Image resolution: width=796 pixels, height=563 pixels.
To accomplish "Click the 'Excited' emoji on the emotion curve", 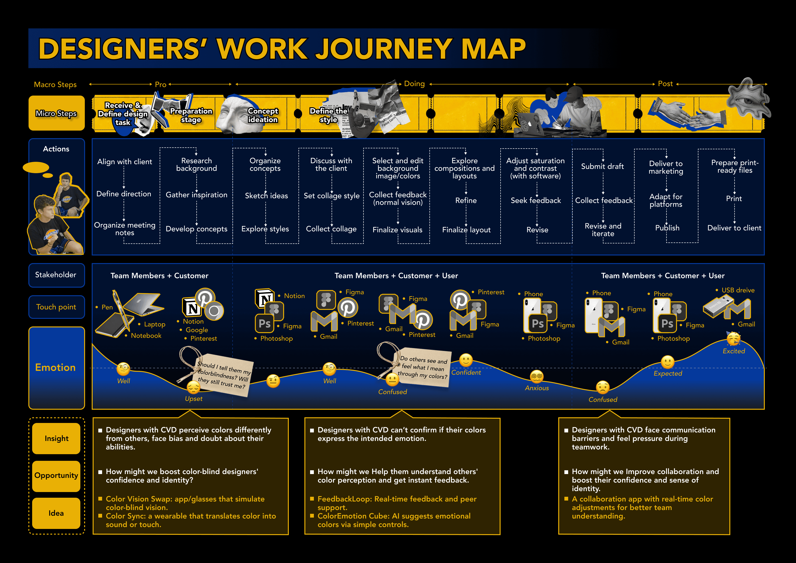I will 733,339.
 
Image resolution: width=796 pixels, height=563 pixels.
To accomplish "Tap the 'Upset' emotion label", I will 194,398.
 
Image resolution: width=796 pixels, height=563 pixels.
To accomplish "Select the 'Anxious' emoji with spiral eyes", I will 537,377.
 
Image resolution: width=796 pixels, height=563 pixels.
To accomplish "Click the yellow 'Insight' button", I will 56,438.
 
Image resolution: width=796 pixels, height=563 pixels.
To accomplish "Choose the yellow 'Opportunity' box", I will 56,475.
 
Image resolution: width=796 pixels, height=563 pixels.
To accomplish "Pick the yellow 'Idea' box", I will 56,513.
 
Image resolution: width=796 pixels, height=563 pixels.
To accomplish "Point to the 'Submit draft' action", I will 602,166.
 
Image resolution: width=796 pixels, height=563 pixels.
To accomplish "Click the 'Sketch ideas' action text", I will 266,196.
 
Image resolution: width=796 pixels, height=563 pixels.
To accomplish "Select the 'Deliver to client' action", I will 734,228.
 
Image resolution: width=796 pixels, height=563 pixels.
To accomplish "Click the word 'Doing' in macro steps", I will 414,84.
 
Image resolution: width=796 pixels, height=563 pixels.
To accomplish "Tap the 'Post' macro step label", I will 665,84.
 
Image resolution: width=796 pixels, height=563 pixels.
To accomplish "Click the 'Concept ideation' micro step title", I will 263,115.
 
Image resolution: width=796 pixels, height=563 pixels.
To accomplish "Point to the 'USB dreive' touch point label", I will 738,290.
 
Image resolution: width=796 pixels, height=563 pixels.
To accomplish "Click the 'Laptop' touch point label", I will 155,324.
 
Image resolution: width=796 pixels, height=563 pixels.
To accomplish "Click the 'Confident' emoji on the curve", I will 466,360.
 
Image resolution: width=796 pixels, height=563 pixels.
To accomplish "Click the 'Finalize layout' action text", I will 466,230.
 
